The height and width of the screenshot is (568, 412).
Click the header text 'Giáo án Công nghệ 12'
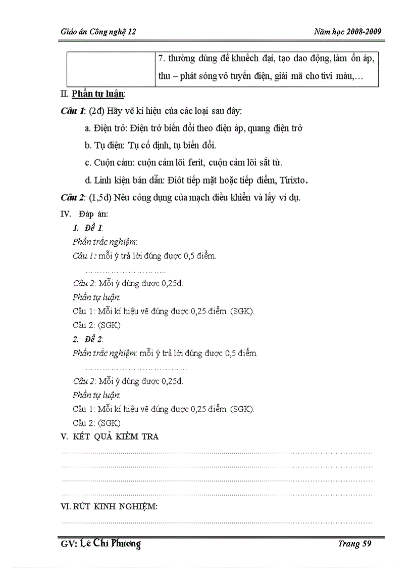[96, 32]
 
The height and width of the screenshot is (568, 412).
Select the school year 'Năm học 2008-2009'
[347, 32]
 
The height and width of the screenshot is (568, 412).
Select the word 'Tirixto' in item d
[289, 180]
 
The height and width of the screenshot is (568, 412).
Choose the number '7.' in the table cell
[162, 59]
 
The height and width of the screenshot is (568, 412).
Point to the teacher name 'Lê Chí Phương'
[110, 544]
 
